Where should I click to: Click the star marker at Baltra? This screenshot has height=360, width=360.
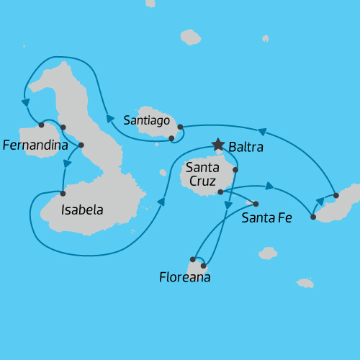coord(218,145)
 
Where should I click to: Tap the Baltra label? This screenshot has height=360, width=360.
coord(246,148)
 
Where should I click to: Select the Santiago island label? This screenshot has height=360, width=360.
coord(146,120)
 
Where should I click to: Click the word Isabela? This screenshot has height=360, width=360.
coord(82,210)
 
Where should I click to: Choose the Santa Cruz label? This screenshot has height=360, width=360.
coord(203,174)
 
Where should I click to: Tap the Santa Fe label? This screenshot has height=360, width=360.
coord(267,217)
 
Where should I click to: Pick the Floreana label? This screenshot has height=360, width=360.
coord(185,276)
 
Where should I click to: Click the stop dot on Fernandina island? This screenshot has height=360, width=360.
coord(41,125)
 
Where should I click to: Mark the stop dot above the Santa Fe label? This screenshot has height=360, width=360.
coord(256,204)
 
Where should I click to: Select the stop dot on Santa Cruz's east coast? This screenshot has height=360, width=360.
coord(235,169)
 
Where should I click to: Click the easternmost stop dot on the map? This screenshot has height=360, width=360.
coord(336,195)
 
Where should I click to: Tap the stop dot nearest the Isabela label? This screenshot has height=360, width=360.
coord(63,193)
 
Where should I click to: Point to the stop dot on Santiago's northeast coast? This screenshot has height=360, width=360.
coord(180,127)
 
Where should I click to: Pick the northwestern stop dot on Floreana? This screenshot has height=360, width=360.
coord(193,258)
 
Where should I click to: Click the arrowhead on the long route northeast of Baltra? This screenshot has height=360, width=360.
coord(263,132)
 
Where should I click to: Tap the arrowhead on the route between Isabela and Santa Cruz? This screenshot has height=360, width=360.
coord(161,202)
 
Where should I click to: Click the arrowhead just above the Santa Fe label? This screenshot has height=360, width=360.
coord(269,186)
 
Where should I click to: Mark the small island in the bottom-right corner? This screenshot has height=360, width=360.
coord(305,283)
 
